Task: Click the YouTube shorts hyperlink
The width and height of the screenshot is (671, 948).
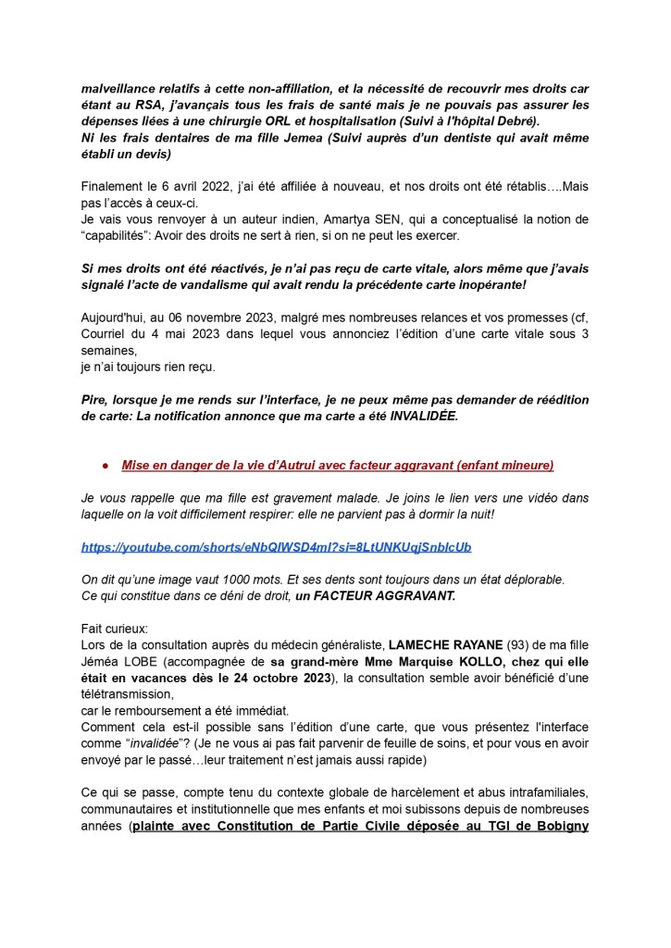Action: [276, 547]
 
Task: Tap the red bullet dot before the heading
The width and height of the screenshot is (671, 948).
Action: [106, 465]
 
